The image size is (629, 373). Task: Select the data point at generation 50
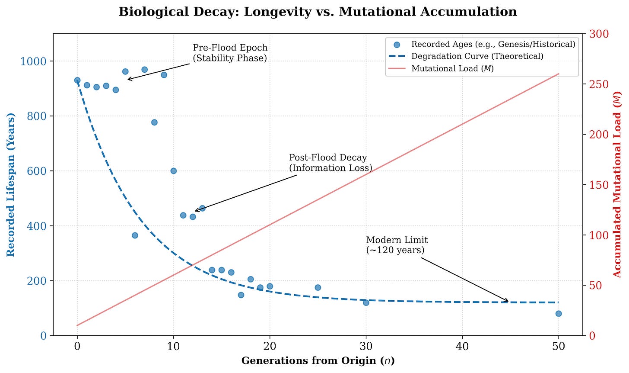pos(559,314)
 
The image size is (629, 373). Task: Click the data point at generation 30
pos(366,302)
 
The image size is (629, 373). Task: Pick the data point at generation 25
pos(318,287)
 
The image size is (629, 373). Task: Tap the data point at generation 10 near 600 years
pos(174,171)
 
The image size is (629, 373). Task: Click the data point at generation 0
pos(77,80)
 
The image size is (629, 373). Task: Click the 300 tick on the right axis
pos(599,34)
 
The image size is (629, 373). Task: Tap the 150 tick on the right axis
pos(599,185)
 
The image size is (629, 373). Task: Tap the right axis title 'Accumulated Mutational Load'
pos(617,184)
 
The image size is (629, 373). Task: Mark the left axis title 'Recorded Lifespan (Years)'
pos(11,185)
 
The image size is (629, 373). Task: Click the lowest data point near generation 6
pos(135,235)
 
